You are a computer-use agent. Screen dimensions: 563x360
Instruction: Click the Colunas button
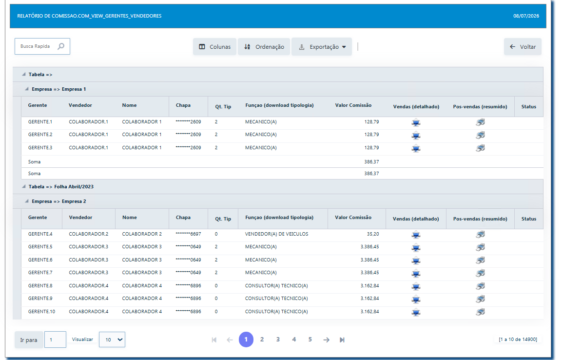tap(214, 47)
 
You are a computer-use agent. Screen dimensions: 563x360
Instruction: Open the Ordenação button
tap(264, 47)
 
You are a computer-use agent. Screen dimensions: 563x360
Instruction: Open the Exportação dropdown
tap(322, 47)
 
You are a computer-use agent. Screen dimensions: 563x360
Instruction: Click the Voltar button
tap(523, 47)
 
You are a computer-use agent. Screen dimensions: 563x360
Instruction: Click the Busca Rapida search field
tap(42, 46)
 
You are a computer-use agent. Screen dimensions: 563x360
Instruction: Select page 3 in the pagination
tap(278, 340)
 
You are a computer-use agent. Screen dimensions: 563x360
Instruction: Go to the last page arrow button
tap(342, 340)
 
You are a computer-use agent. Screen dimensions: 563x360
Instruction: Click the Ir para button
tap(29, 340)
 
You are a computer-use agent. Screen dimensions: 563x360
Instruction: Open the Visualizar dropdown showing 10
tap(112, 340)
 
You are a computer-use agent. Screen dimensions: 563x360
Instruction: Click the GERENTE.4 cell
tap(40, 234)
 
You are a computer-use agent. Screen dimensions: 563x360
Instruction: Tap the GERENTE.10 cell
tap(41, 312)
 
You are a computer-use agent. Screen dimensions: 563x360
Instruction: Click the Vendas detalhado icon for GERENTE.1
tap(416, 123)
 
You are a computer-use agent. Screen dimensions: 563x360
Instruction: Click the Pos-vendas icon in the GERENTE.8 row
tap(481, 286)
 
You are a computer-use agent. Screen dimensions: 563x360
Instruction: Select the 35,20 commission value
tap(373, 234)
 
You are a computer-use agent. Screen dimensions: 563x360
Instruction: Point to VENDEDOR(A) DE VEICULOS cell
tap(276, 234)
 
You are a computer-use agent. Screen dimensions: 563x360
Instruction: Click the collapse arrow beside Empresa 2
tap(27, 201)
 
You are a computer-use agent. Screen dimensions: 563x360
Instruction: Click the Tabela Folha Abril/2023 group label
tap(61, 187)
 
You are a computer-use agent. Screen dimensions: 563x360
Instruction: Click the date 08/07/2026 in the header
tap(526, 16)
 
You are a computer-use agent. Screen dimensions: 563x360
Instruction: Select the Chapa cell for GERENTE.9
tap(188, 299)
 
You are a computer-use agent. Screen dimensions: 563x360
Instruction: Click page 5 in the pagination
tap(310, 340)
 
